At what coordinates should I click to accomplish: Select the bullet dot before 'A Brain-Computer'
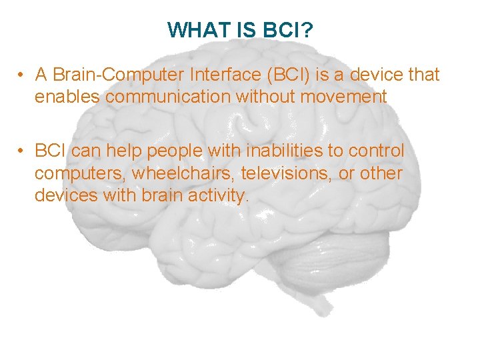(x=23, y=75)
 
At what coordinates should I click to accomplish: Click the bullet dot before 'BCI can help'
(x=23, y=151)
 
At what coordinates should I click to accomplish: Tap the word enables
(x=67, y=97)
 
